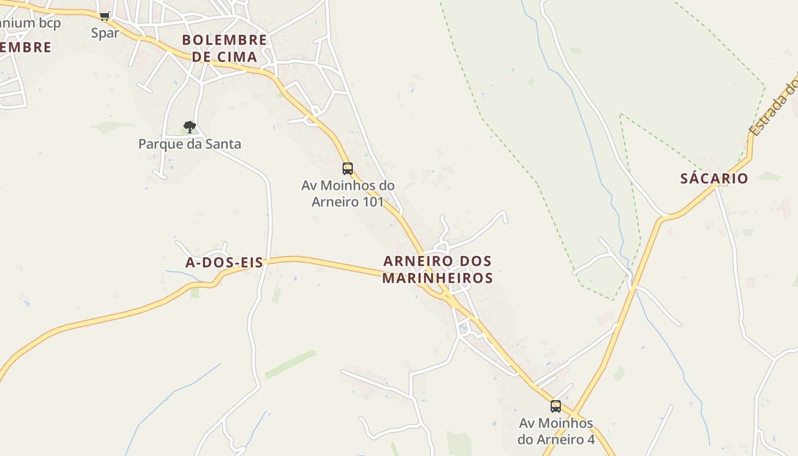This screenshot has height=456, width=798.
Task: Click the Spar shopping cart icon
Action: (104, 17)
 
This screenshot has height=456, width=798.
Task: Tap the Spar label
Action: (105, 33)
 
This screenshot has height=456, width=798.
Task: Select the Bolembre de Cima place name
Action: (224, 48)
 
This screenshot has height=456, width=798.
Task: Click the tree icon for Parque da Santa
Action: (190, 127)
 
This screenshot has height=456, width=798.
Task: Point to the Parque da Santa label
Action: (190, 144)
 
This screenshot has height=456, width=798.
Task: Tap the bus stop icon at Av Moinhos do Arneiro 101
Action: (347, 169)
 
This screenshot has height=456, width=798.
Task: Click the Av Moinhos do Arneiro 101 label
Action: (348, 194)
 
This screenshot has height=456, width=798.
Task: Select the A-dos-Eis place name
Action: (225, 263)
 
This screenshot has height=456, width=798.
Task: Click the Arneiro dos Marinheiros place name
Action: (437, 270)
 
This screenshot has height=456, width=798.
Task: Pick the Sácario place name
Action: (714, 179)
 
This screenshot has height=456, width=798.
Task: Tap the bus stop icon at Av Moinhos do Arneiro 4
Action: (556, 406)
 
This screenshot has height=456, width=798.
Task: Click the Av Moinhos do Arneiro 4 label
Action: (556, 431)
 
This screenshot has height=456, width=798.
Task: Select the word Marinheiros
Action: (437, 278)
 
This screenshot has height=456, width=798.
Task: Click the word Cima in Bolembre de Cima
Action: (239, 57)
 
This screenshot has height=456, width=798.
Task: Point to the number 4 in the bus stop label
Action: (590, 440)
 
